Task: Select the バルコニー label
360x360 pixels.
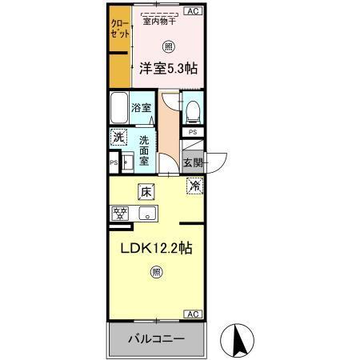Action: coord(156,339)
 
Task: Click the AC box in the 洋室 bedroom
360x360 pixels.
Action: coord(193,10)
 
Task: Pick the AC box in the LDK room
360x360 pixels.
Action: coord(193,314)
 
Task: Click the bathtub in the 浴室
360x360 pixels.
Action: coord(121,106)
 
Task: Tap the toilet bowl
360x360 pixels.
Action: coord(194,108)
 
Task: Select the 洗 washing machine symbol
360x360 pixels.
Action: coord(118,138)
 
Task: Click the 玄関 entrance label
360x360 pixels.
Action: coord(193,162)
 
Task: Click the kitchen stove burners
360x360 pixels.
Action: coord(121,214)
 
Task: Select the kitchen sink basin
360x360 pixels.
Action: coord(146,214)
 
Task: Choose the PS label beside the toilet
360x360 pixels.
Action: coord(193,133)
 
